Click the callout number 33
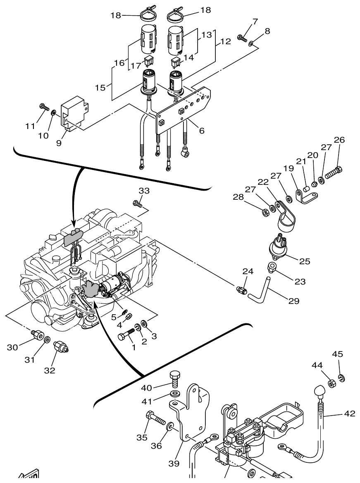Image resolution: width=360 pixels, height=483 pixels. click(x=144, y=191)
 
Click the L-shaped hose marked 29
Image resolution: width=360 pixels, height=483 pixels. click(x=259, y=290)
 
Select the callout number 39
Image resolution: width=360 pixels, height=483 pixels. click(x=174, y=464)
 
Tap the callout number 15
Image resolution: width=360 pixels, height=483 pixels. click(x=100, y=88)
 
